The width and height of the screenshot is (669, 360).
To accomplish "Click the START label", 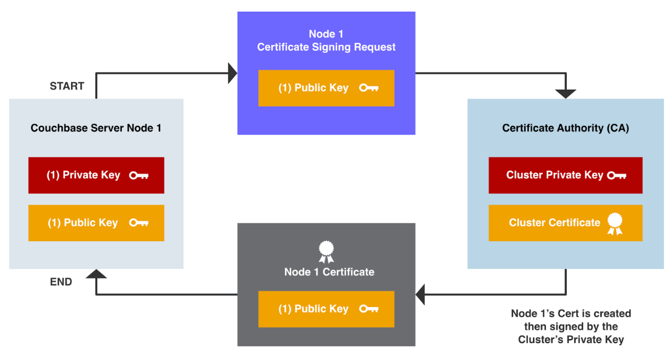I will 67,86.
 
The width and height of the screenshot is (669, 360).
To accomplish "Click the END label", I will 61,282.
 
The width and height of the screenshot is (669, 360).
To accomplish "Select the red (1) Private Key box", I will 96,175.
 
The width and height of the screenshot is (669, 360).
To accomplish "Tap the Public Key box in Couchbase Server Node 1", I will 96,223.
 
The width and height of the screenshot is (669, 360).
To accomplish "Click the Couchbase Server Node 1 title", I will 96,128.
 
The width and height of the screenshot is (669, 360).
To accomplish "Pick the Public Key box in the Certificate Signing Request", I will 326,88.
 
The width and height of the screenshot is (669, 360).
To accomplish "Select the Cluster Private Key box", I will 565,175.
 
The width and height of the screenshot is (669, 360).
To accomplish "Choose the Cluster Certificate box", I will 565,223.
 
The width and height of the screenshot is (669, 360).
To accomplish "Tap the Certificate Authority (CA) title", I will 565,128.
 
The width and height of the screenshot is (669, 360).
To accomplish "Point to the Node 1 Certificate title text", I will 329,272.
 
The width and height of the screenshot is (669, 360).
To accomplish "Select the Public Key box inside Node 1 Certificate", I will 326,309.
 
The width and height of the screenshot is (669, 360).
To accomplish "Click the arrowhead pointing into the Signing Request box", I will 232,73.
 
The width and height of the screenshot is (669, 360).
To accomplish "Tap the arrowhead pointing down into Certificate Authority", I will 565,94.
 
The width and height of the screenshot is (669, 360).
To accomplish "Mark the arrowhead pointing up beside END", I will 96,275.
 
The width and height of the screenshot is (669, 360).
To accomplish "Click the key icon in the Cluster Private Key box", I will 617,176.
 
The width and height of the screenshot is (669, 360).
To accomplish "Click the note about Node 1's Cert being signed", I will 571,327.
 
